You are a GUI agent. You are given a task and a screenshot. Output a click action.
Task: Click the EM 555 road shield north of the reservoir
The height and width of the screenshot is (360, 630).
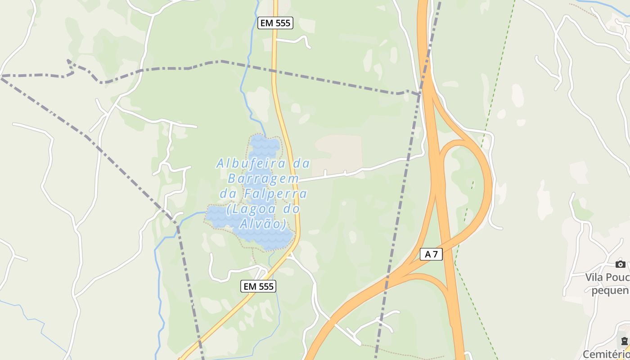[x=275, y=23]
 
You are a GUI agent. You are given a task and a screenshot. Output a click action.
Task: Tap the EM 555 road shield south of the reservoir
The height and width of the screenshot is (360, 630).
[x=258, y=286]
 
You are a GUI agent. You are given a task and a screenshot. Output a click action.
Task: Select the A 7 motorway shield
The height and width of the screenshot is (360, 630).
[x=431, y=254]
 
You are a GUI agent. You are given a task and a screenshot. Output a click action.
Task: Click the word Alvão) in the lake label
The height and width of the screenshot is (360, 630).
[x=263, y=224]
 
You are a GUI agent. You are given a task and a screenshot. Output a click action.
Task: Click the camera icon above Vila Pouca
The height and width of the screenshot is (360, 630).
[x=621, y=264]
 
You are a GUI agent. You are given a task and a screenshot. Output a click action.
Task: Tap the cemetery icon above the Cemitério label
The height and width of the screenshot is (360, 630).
[x=624, y=341]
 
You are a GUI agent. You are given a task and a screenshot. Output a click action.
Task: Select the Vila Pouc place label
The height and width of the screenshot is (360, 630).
[x=607, y=277]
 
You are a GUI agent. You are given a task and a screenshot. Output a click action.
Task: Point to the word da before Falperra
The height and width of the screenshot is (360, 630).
[x=229, y=194]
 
